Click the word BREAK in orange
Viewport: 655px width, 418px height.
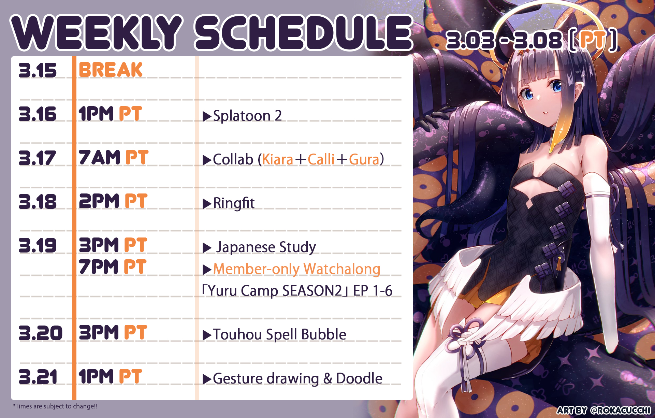[111, 70]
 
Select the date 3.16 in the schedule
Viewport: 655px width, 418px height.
[38, 114]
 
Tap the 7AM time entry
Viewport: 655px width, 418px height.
[99, 157]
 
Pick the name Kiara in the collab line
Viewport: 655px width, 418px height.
[277, 159]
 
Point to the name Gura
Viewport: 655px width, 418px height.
[364, 159]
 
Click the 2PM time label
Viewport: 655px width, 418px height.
[99, 201]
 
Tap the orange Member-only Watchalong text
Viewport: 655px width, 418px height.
[297, 269]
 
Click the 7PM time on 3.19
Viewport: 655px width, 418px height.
[99, 266]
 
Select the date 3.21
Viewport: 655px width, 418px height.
[38, 377]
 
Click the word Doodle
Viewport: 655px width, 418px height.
[359, 378]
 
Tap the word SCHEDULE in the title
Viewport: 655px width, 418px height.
[304, 32]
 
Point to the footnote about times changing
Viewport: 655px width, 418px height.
[55, 406]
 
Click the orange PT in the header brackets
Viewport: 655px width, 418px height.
[593, 40]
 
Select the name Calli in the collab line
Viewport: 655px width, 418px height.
[321, 159]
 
